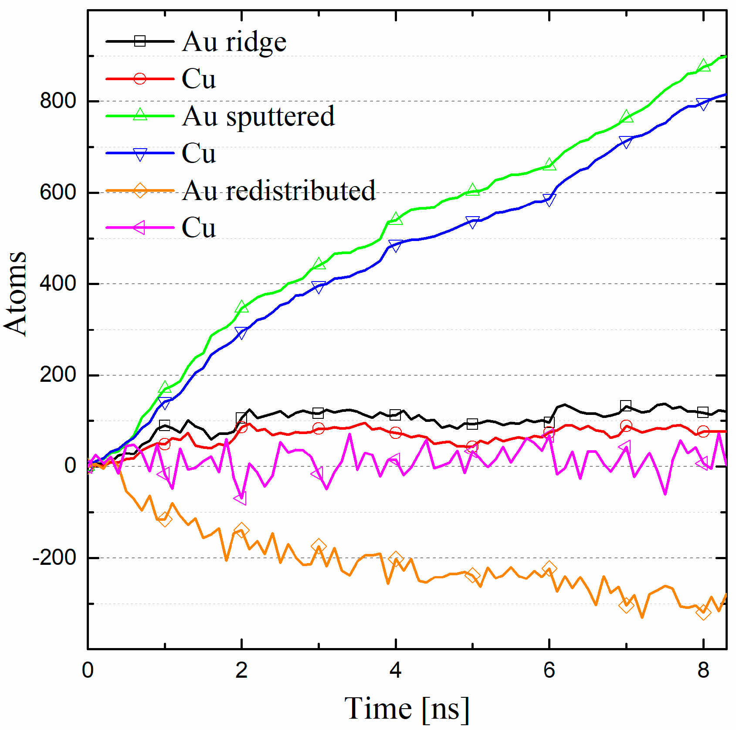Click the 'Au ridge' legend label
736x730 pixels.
click(x=234, y=42)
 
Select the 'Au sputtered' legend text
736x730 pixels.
click(x=258, y=116)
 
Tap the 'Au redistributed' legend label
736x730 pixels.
click(x=278, y=191)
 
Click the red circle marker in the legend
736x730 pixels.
click(x=140, y=79)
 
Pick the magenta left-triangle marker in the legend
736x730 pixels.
click(x=140, y=227)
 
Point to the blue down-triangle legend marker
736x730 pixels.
click(x=140, y=154)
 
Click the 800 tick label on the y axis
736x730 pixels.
click(x=58, y=101)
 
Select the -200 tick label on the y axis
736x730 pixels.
click(x=54, y=558)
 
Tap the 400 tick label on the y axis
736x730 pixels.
click(x=58, y=284)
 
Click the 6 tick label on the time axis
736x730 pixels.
click(x=549, y=670)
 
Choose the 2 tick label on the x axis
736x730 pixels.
click(x=241, y=670)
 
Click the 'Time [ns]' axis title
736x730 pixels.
click(x=407, y=708)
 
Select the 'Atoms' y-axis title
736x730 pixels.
click(x=16, y=293)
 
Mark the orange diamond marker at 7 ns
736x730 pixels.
click(x=626, y=605)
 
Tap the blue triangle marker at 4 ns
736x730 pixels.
click(x=395, y=245)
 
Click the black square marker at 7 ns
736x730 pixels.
click(x=626, y=406)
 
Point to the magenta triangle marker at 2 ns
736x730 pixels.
click(x=241, y=498)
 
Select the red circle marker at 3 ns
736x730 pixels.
click(x=319, y=428)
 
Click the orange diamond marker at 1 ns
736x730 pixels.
click(x=165, y=519)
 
